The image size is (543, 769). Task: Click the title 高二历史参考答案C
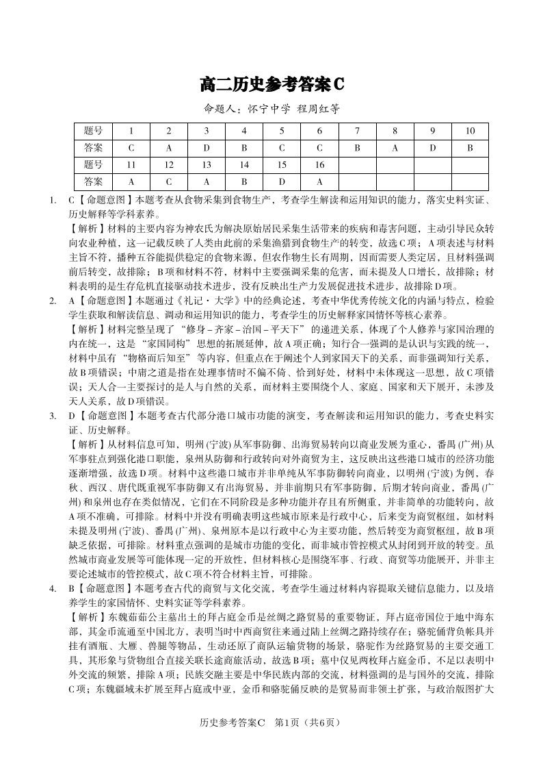(271, 84)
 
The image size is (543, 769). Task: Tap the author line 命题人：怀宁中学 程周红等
(271, 109)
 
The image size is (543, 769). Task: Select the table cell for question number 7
(357, 131)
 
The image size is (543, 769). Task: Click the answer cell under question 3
(207, 147)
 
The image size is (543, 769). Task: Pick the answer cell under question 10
(470, 147)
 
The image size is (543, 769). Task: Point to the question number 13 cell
(207, 164)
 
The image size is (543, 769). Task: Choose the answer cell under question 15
(282, 181)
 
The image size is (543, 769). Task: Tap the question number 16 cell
(319, 164)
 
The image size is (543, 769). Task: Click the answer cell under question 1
(131, 147)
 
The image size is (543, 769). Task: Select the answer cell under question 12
(169, 181)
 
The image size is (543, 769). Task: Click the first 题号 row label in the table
(93, 131)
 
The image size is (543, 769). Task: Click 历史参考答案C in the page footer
(231, 742)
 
